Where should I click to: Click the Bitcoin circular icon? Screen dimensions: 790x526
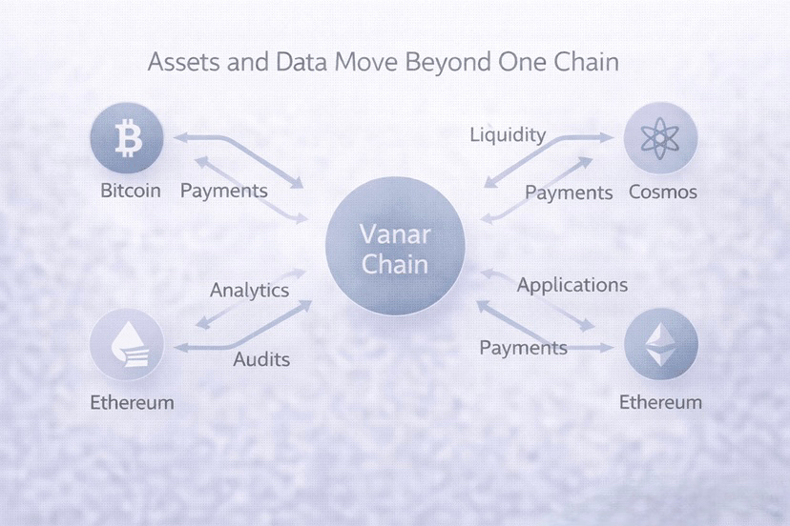pyautogui.click(x=126, y=140)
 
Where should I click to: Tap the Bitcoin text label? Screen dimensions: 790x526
pyautogui.click(x=132, y=192)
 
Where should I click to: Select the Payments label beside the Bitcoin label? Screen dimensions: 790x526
pyautogui.click(x=224, y=192)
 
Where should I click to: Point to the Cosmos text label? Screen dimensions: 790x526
pyautogui.click(x=663, y=192)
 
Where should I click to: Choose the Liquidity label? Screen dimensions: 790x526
pyautogui.click(x=508, y=134)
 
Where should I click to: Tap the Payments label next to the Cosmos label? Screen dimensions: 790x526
pyautogui.click(x=569, y=193)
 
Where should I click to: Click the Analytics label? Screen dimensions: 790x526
pyautogui.click(x=249, y=291)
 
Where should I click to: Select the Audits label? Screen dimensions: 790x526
pyautogui.click(x=261, y=360)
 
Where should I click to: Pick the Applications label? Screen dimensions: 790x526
pyautogui.click(x=572, y=285)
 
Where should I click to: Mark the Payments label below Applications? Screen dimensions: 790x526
pyautogui.click(x=523, y=348)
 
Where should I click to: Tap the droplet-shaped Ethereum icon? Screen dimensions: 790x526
pyautogui.click(x=127, y=349)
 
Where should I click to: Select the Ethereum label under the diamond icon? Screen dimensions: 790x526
pyautogui.click(x=660, y=402)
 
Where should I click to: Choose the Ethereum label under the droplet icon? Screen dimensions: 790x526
pyautogui.click(x=132, y=402)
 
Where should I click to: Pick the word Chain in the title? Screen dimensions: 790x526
pyautogui.click(x=590, y=64)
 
